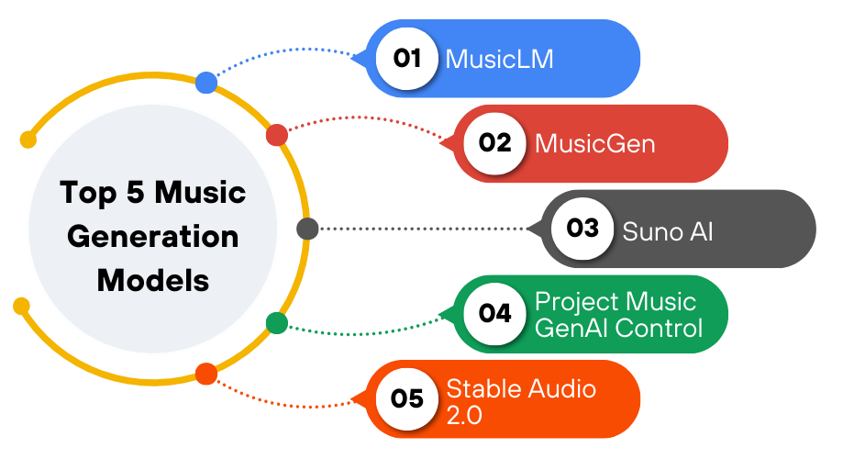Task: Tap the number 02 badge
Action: coord(494,143)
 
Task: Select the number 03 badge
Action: coord(582,229)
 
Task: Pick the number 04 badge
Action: coord(494,313)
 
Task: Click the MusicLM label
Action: coord(500,60)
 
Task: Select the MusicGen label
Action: coord(595,144)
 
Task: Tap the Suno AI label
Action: coord(668,229)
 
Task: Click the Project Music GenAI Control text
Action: coord(616,314)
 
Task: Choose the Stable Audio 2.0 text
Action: coord(521,399)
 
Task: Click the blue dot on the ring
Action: coord(206,83)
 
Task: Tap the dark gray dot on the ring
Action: coord(307,229)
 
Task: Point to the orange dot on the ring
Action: coord(206,375)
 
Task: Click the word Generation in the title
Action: coord(153,236)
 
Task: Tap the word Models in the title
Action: coord(153,279)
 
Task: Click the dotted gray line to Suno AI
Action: coord(422,229)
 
